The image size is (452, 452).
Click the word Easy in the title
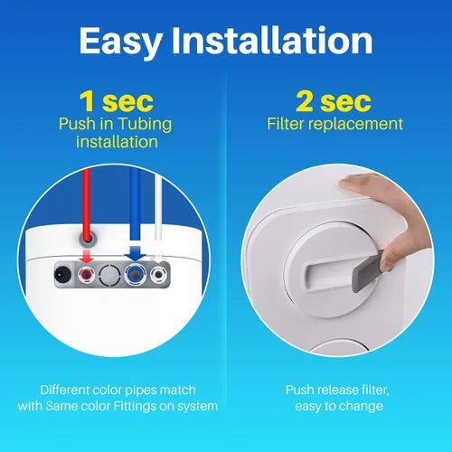[x=121, y=42]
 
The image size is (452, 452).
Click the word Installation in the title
[x=272, y=40]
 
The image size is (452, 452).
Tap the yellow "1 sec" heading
[x=117, y=101]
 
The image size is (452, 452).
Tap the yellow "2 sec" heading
[x=334, y=101]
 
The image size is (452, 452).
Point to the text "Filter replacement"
[x=334, y=124]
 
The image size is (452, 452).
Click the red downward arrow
[x=87, y=255]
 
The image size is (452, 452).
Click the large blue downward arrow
[x=136, y=253]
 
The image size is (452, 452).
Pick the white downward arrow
[x=158, y=255]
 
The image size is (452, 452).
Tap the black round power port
[x=62, y=275]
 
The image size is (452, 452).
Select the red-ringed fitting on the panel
[x=87, y=275]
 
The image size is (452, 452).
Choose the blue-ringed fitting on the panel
[x=136, y=275]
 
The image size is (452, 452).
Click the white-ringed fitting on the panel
[x=158, y=275]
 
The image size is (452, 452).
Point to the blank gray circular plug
[x=109, y=275]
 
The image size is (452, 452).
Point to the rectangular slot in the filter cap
[x=328, y=274]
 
